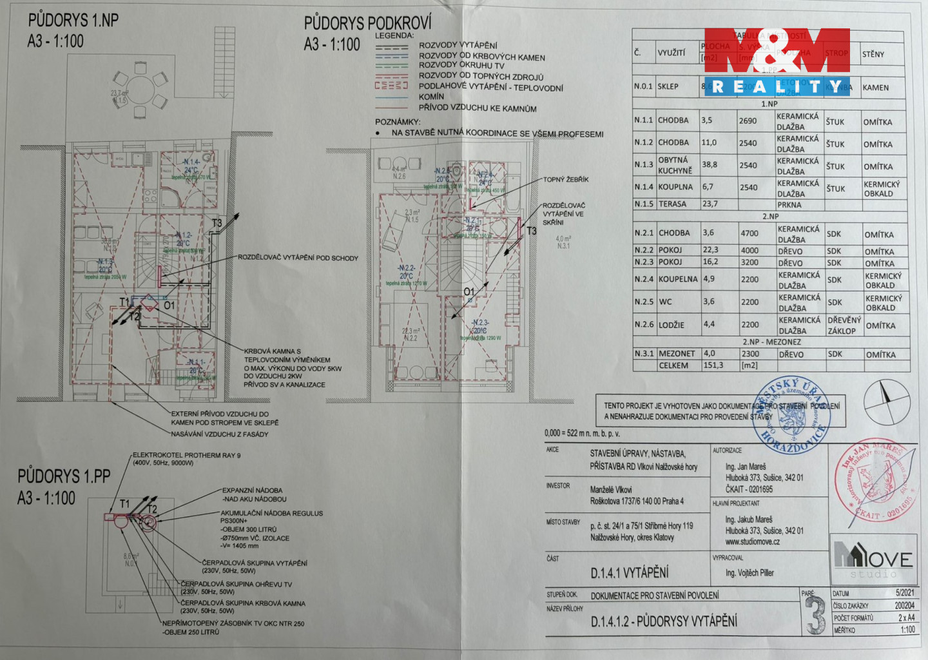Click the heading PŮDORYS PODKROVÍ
(x=367, y=24)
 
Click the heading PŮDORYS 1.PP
(x=64, y=477)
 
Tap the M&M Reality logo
(x=777, y=62)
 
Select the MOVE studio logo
(x=873, y=559)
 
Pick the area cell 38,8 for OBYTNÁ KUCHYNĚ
(x=710, y=165)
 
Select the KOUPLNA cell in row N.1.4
(x=675, y=187)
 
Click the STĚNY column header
(x=873, y=54)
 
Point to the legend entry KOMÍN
(x=431, y=97)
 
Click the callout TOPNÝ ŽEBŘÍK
(x=565, y=180)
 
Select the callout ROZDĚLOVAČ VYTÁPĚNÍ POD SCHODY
(x=298, y=258)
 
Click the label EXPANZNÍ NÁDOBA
(x=253, y=490)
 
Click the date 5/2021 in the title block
(x=904, y=593)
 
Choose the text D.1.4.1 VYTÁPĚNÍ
(x=630, y=573)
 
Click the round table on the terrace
(x=141, y=90)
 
